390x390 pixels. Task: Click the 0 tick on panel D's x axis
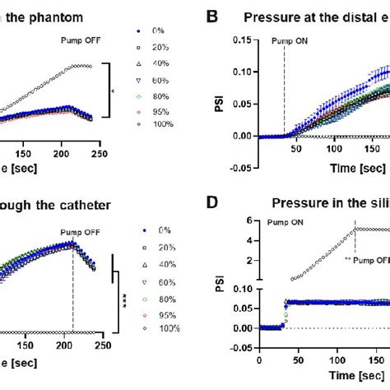pos(258,360)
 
